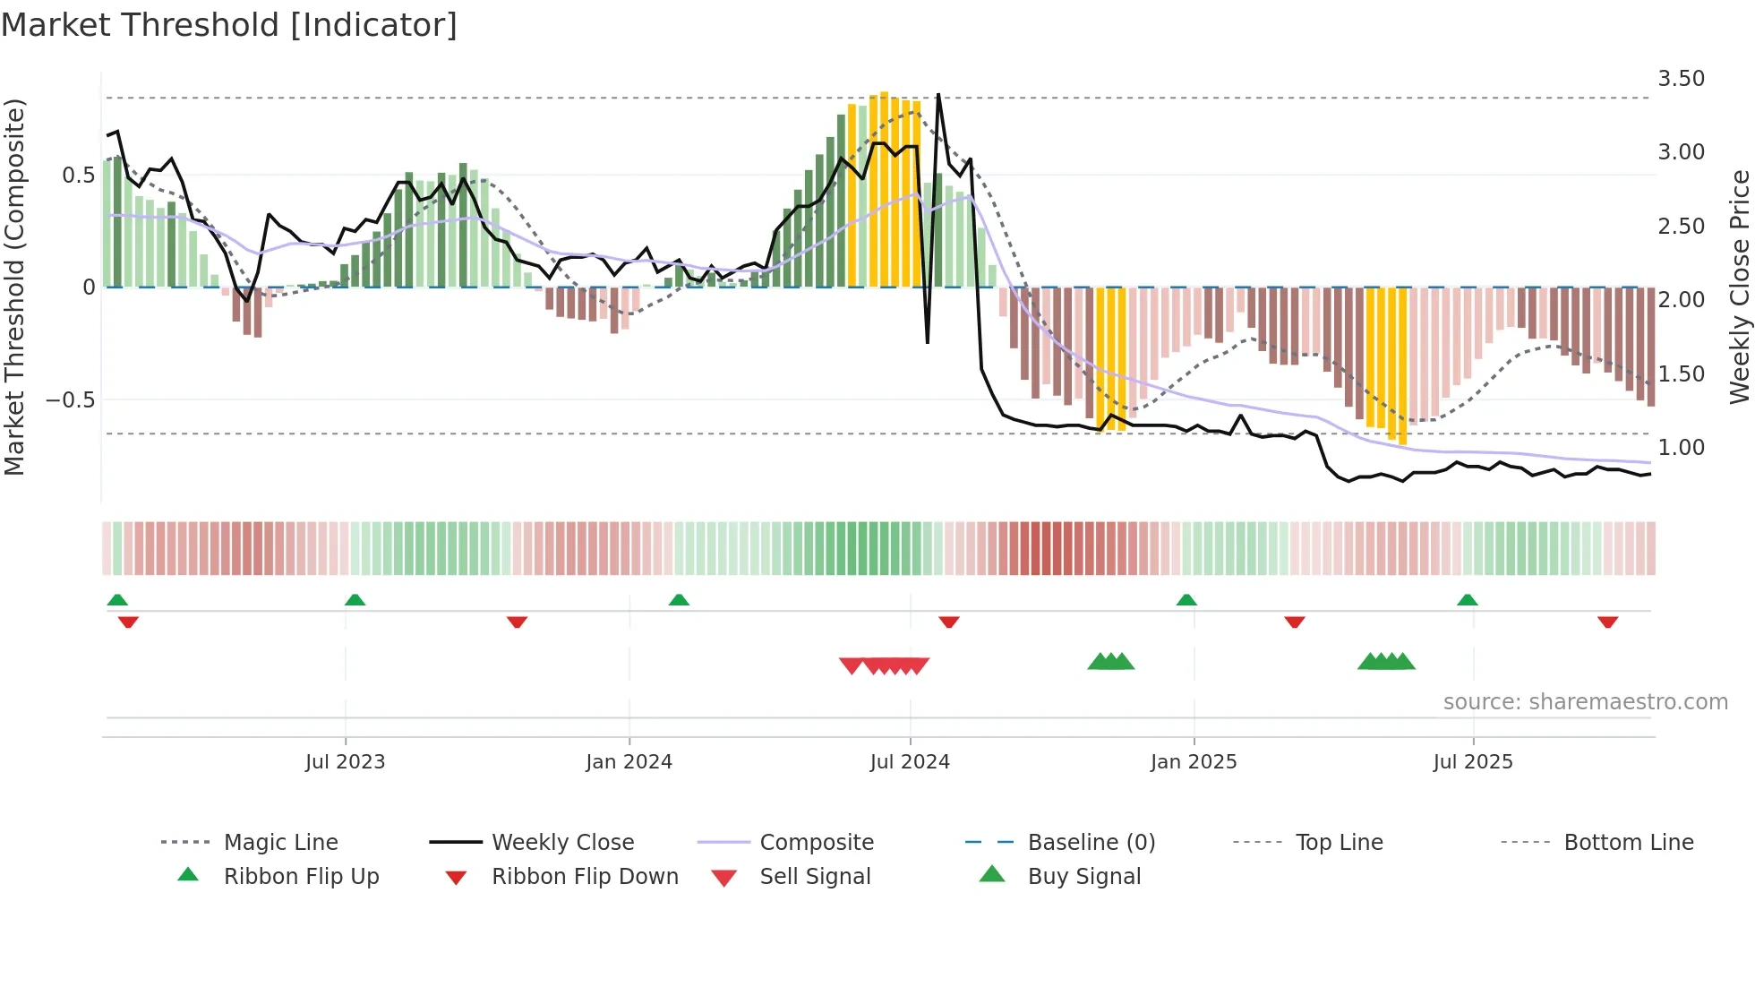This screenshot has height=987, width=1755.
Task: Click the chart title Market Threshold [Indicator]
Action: tap(229, 25)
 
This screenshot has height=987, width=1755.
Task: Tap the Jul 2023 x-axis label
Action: tap(345, 762)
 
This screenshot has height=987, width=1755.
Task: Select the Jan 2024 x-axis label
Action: tap(629, 762)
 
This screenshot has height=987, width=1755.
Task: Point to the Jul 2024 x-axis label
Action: tap(910, 762)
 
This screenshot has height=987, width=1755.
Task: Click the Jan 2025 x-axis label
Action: tap(1194, 762)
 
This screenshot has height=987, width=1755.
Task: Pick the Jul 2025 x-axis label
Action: tap(1473, 762)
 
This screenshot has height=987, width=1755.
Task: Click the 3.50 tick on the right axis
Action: tap(1682, 79)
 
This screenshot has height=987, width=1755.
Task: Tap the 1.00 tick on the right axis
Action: tap(1682, 448)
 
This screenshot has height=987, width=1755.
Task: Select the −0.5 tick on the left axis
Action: tap(71, 399)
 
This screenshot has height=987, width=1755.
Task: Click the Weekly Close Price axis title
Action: tap(1739, 287)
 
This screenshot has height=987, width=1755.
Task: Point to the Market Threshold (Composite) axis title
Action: tap(14, 287)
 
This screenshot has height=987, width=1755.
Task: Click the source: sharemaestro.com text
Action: tap(1585, 702)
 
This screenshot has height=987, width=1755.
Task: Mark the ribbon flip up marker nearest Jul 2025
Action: tap(1467, 600)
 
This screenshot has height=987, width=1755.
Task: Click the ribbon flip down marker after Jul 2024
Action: tap(949, 622)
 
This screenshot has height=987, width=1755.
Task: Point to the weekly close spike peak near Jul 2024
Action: tap(938, 95)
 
